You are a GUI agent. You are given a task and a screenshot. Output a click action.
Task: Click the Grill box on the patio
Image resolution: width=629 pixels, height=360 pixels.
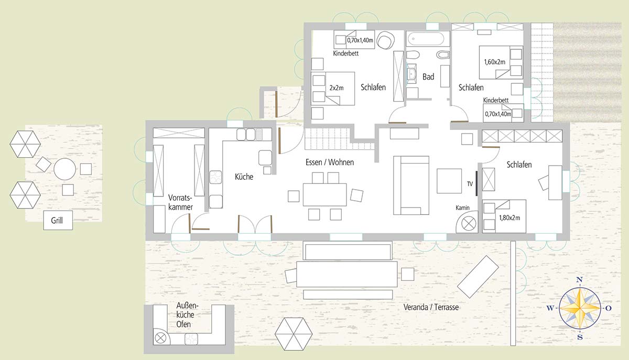click(x=58, y=220)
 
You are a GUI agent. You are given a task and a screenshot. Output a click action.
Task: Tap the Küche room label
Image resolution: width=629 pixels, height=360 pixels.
click(x=244, y=177)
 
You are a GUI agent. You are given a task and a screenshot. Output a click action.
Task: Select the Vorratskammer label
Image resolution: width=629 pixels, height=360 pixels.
click(x=180, y=202)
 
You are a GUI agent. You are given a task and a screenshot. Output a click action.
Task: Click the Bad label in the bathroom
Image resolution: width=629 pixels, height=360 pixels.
click(x=428, y=77)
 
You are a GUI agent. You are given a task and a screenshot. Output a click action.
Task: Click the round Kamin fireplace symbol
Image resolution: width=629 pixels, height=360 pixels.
click(x=469, y=224)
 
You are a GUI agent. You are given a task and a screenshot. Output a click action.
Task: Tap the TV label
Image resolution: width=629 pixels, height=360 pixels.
click(x=470, y=184)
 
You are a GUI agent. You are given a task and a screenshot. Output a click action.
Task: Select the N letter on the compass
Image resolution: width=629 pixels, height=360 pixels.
click(x=579, y=279)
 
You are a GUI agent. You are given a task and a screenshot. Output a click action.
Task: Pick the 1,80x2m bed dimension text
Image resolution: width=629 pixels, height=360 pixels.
click(x=509, y=217)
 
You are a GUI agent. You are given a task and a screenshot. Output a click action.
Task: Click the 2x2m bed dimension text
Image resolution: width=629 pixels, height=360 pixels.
click(x=337, y=88)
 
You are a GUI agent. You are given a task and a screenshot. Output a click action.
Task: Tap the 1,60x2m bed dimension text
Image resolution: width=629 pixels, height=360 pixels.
click(x=494, y=62)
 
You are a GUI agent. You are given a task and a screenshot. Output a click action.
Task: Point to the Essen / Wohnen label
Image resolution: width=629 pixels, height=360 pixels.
click(x=330, y=162)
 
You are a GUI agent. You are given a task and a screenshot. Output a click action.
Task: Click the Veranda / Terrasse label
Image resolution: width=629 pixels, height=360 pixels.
click(x=431, y=307)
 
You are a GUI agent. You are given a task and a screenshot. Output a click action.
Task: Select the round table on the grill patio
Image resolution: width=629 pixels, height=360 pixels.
click(x=64, y=169)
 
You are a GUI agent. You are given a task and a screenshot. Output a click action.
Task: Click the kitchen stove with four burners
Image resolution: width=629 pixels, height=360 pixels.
click(x=215, y=178)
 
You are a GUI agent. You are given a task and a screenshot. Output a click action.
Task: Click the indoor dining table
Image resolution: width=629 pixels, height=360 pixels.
click(x=324, y=194)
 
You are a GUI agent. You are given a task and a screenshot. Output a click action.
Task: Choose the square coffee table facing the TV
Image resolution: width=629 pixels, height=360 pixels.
click(x=449, y=181)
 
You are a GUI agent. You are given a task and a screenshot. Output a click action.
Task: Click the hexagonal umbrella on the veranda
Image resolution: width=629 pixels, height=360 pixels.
click(x=294, y=334)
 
